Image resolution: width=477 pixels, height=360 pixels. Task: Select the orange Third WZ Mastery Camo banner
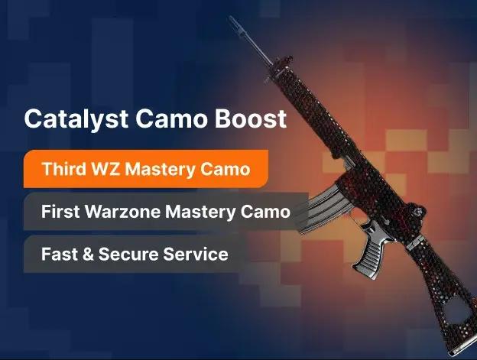click(x=145, y=169)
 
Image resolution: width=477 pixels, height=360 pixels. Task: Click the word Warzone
click(x=130, y=211)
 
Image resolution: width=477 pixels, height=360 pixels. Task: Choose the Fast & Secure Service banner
click(x=135, y=253)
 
